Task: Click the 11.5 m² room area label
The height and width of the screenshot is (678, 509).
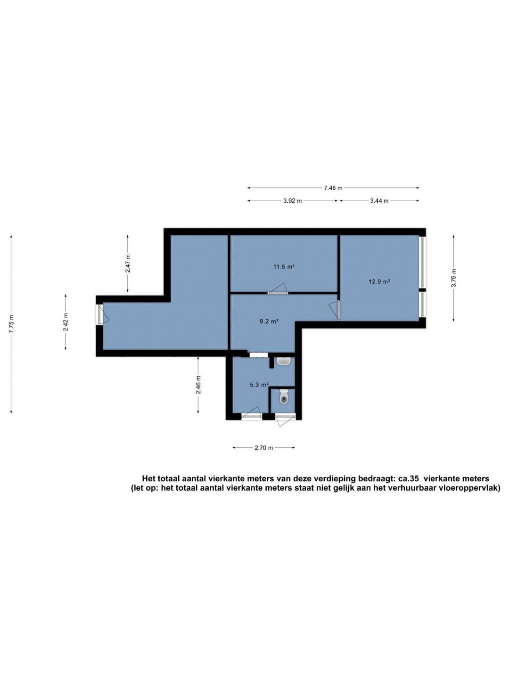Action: click(283, 266)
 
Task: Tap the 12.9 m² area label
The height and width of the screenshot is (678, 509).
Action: click(379, 282)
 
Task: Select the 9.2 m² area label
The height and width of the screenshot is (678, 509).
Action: click(269, 321)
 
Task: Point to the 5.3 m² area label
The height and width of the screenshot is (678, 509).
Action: click(259, 385)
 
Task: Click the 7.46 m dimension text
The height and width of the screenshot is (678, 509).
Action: click(333, 188)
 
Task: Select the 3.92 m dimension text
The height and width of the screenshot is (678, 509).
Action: click(292, 201)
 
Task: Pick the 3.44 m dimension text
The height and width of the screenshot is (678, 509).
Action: click(379, 201)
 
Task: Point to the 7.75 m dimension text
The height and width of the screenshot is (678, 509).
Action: click(11, 323)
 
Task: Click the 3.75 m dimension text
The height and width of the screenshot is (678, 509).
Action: click(453, 278)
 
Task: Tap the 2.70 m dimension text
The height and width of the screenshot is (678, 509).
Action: click(263, 448)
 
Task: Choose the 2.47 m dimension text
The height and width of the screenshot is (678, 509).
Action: click(128, 263)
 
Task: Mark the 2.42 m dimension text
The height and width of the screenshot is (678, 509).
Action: click(66, 322)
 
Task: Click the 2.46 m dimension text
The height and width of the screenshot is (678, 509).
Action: click(198, 385)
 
